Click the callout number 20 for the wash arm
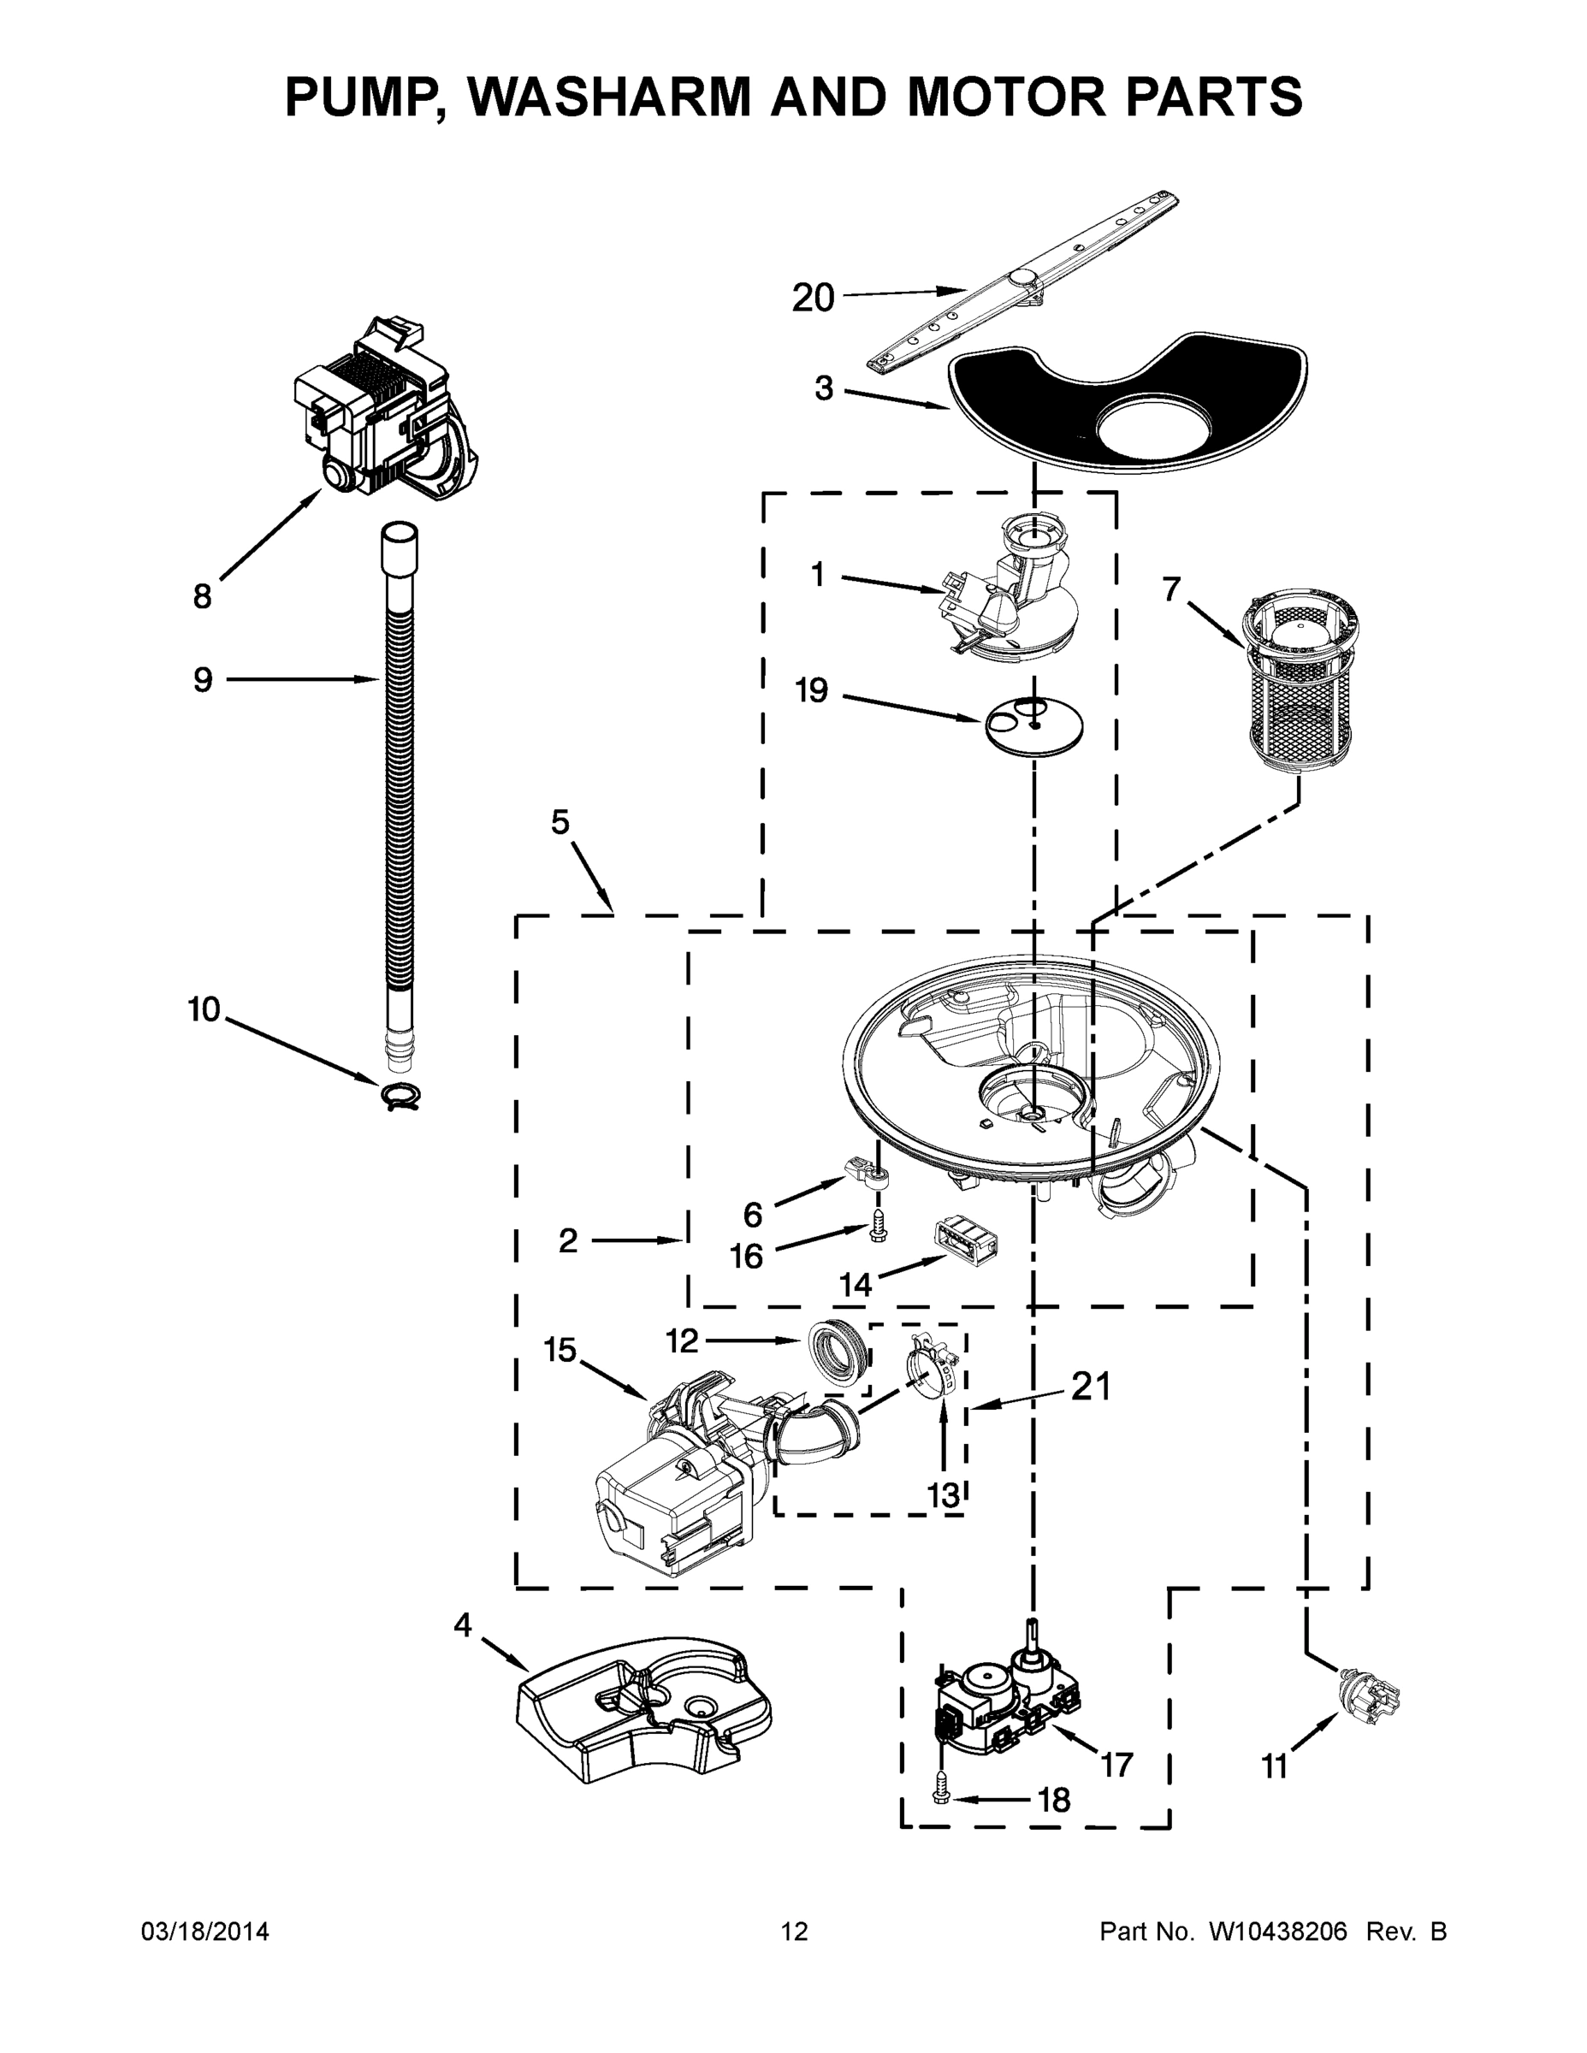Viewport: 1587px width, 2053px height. pyautogui.click(x=812, y=298)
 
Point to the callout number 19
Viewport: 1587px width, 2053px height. pyautogui.click(x=811, y=691)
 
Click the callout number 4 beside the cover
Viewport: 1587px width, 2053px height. pyautogui.click(x=462, y=1624)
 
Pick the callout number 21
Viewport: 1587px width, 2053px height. pyautogui.click(x=1091, y=1387)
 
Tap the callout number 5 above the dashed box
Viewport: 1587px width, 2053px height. pyautogui.click(x=560, y=823)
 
